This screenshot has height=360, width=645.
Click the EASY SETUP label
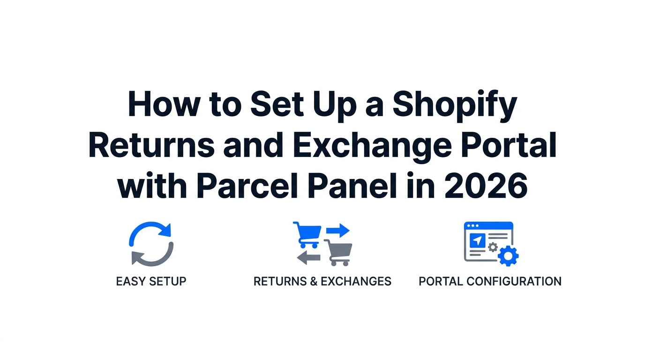151,281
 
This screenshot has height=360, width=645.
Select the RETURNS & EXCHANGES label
322,281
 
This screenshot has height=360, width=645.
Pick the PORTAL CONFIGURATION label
490,281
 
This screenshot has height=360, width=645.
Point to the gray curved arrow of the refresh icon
155,255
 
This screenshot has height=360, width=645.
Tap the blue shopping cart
307,234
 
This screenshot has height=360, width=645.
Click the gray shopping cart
338,252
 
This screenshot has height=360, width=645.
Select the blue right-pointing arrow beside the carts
337,230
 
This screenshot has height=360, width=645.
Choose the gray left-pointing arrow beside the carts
308,257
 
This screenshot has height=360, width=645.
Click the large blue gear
508,255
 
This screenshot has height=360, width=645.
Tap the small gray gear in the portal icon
492,247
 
